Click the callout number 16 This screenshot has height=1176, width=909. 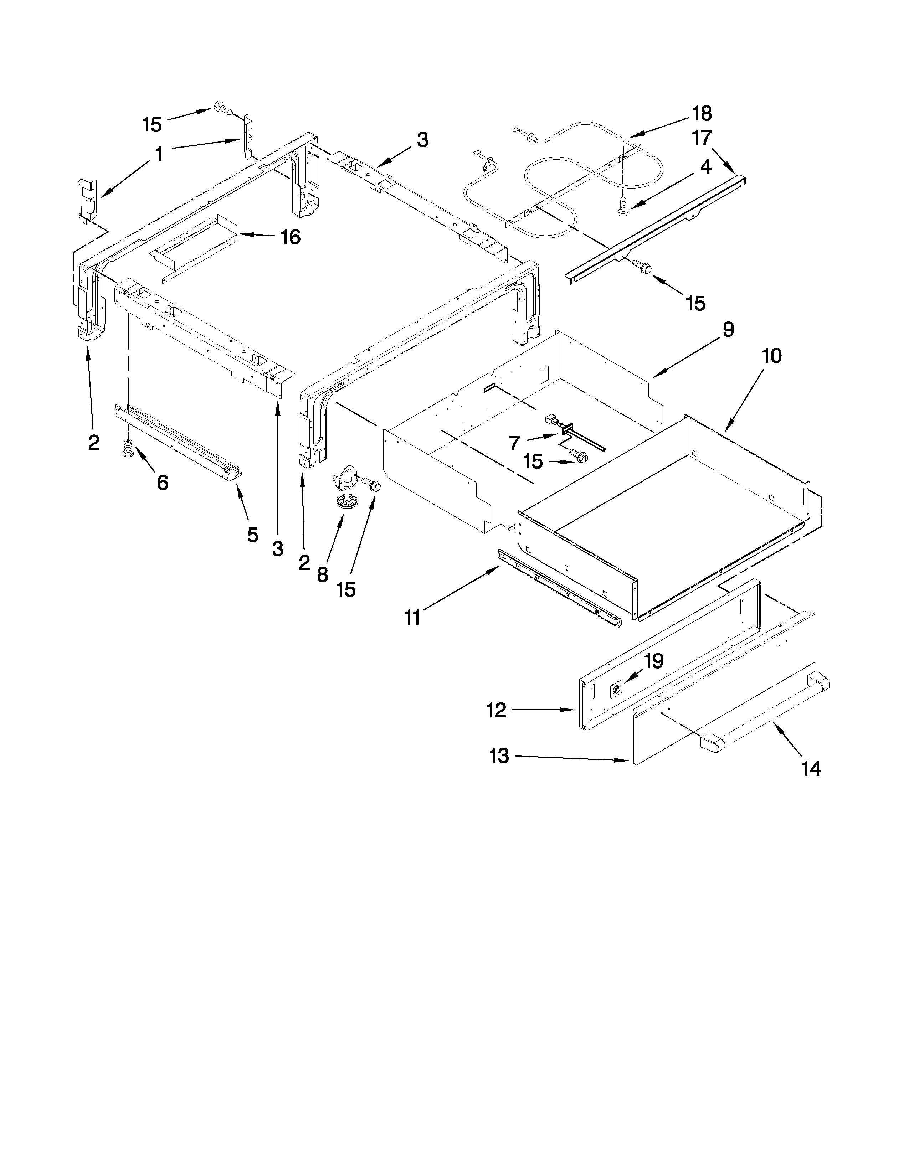click(291, 237)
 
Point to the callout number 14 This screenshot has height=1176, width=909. click(811, 769)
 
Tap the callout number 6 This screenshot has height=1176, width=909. click(162, 483)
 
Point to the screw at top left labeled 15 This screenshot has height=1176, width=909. click(222, 108)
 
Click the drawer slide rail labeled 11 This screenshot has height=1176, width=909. click(560, 587)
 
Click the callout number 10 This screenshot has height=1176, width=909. click(772, 356)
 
